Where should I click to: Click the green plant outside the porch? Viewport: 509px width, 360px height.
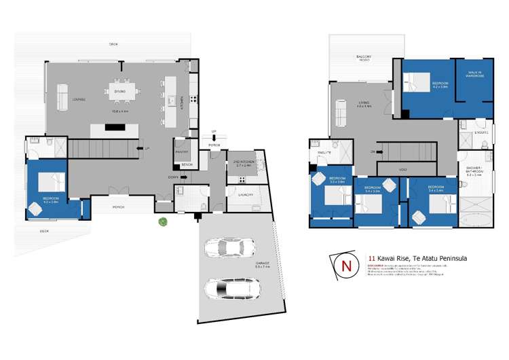tap(163, 221)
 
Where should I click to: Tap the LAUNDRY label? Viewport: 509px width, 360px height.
tap(246, 195)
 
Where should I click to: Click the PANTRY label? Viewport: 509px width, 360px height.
tap(181, 152)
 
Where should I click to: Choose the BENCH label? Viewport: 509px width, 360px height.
tap(187, 165)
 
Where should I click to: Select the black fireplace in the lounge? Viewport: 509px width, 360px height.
tap(113, 127)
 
